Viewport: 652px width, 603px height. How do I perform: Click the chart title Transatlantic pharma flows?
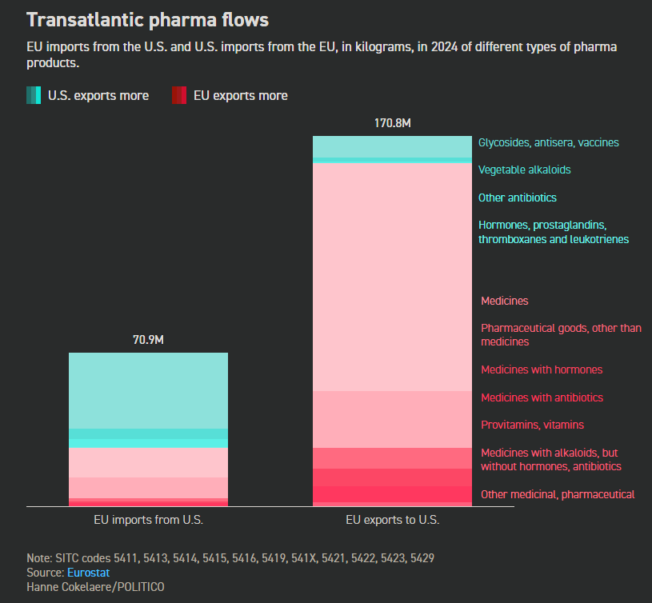click(x=147, y=19)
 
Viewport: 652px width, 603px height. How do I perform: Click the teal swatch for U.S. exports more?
click(x=33, y=95)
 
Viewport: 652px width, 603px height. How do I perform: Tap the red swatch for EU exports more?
click(x=178, y=95)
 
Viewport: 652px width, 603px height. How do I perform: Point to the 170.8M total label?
click(x=392, y=123)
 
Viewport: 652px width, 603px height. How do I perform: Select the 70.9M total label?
click(x=148, y=340)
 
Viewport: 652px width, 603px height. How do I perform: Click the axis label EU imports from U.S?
click(x=148, y=520)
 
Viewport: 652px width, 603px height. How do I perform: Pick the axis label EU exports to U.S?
click(x=392, y=520)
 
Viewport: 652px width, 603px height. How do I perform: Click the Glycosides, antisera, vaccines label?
click(x=548, y=142)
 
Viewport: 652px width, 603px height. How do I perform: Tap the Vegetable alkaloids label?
click(x=524, y=170)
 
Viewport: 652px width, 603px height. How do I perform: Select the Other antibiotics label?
click(x=517, y=198)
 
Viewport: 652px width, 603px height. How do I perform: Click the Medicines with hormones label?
click(x=542, y=369)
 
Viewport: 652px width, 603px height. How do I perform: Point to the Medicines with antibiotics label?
click(x=542, y=397)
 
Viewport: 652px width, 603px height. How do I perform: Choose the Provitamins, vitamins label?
click(x=532, y=425)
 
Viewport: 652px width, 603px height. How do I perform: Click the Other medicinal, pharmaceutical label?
click(x=558, y=494)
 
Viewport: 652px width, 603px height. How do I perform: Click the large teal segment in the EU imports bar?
click(x=148, y=390)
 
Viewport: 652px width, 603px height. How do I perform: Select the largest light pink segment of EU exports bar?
click(x=392, y=276)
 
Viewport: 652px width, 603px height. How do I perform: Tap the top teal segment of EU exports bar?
click(x=392, y=146)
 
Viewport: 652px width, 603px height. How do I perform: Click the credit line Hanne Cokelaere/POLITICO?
click(x=95, y=587)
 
